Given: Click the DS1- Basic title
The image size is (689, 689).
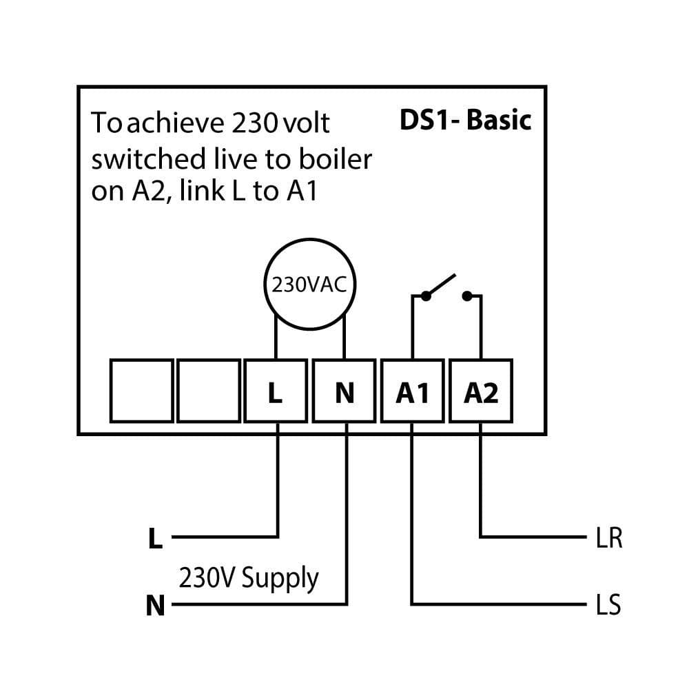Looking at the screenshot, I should tap(466, 120).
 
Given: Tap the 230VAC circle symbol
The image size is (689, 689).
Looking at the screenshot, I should tap(309, 285).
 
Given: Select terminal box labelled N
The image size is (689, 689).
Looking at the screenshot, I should tap(344, 391).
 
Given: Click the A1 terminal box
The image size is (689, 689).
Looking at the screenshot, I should tap(412, 391).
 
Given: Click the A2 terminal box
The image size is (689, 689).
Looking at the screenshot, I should tap(480, 391).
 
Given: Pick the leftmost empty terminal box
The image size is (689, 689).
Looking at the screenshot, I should tap(141, 391).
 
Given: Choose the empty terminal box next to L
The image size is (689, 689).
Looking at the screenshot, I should tap(209, 391).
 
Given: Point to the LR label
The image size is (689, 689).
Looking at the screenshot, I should tap(608, 539).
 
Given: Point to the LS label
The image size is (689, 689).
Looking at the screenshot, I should tap(608, 606).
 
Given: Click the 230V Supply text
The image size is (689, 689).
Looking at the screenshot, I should tap(249, 577).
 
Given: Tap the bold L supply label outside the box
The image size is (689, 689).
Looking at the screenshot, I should tap(156, 539).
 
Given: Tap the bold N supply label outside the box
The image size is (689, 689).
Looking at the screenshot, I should tap(156, 606).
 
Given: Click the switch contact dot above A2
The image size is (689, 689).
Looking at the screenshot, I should tap(467, 296).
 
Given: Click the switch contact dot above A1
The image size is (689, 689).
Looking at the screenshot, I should tap(426, 296).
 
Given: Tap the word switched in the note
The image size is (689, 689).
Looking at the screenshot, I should tap(139, 159).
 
